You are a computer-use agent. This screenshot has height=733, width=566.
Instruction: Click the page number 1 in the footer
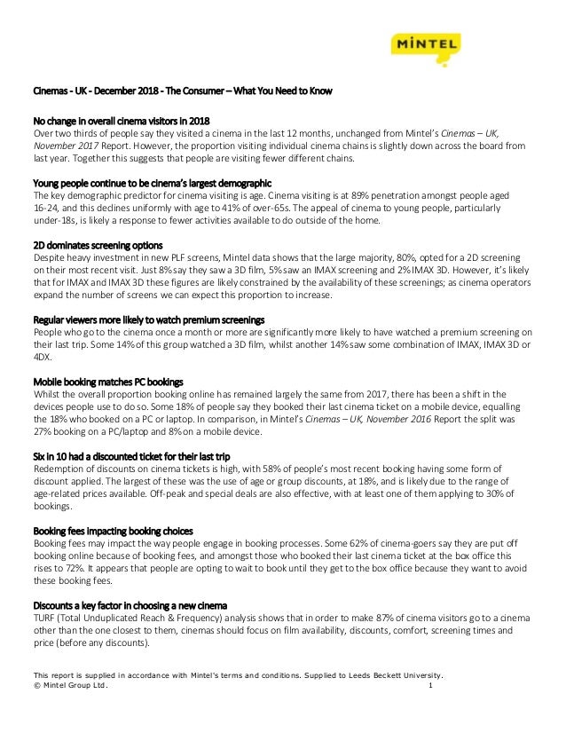point(430,688)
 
